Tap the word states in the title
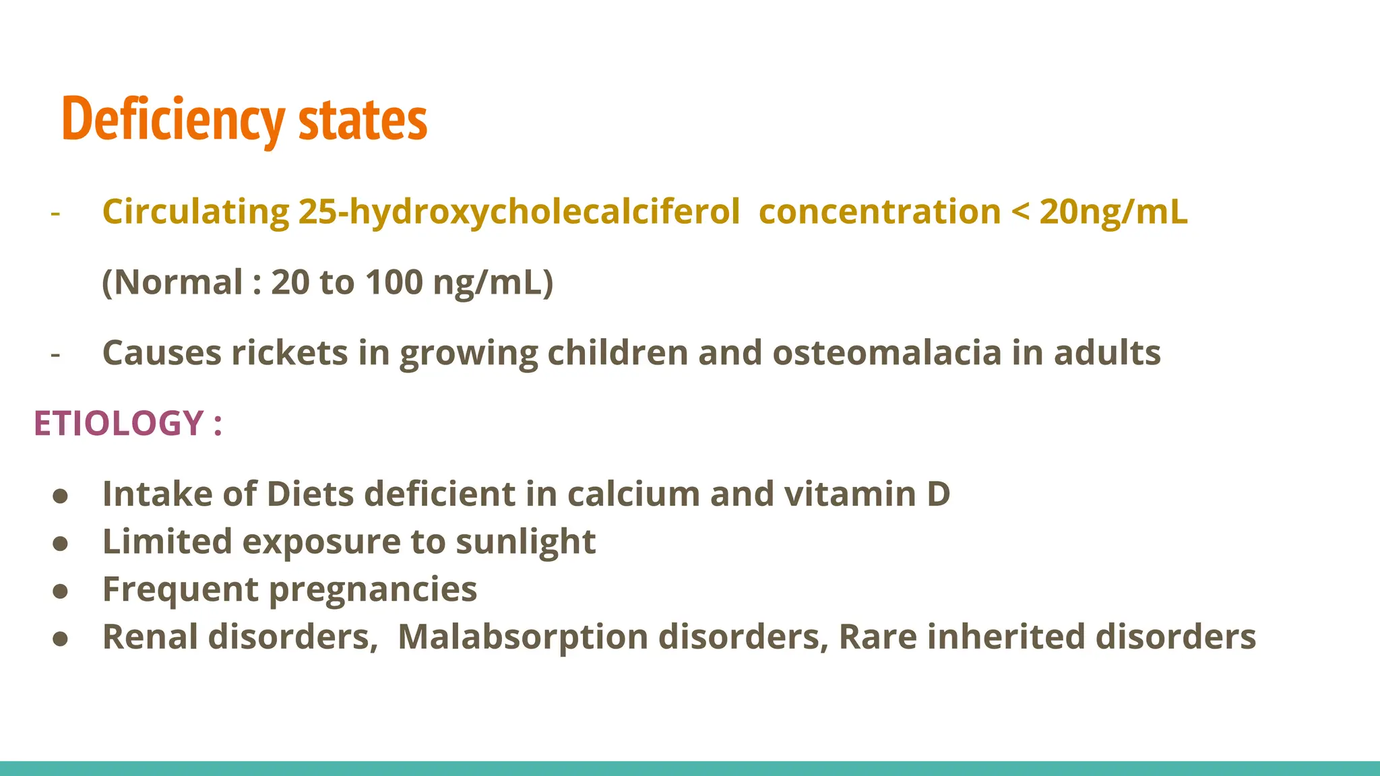tap(363, 120)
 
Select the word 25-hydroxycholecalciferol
tap(519, 212)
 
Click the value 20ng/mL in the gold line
tap(1113, 212)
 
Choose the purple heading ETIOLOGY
tap(119, 424)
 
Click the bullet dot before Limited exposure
tap(61, 544)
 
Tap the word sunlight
tap(526, 542)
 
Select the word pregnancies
tap(373, 590)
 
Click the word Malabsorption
tap(523, 637)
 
